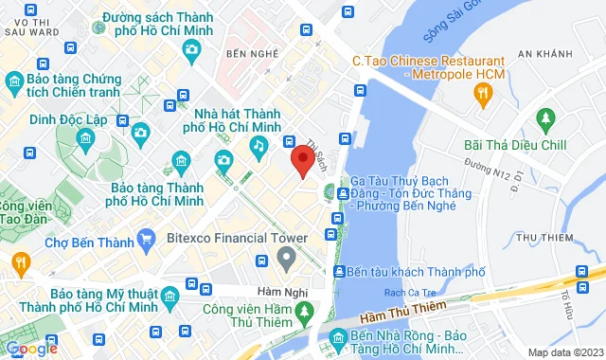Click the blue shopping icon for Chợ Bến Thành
point(145,241)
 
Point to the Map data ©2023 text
point(564,352)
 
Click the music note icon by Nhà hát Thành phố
point(258,144)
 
